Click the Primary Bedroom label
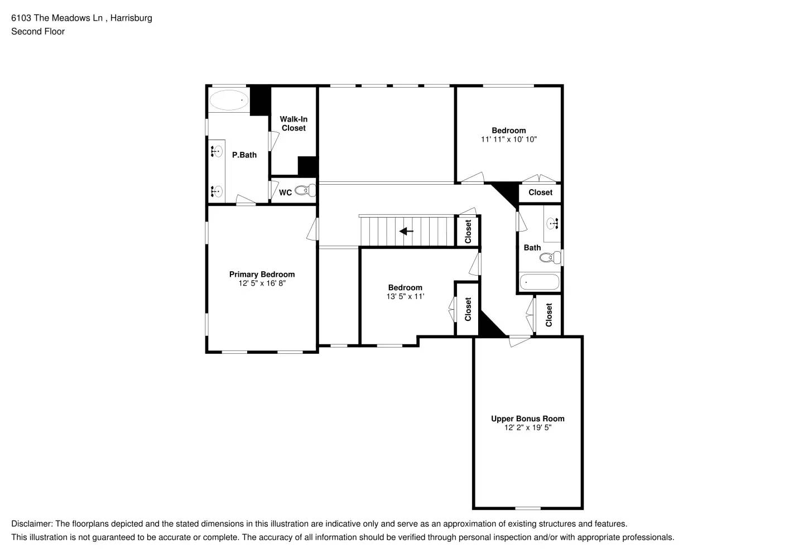coord(262,274)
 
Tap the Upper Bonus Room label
coord(527,419)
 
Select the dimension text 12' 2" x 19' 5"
coord(527,427)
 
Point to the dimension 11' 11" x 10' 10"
coord(508,139)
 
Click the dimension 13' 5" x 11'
coord(405,296)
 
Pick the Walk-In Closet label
coord(294,123)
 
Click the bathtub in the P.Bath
coord(229,100)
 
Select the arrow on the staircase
coord(406,231)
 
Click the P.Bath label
coord(244,155)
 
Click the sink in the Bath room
coord(553,223)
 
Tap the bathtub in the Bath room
coord(539,282)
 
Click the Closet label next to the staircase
coord(468,231)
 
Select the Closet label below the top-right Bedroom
coord(540,193)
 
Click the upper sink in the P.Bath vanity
coord(217,151)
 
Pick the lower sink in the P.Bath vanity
coord(217,191)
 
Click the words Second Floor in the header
coord(38,31)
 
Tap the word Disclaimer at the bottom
coord(31,524)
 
